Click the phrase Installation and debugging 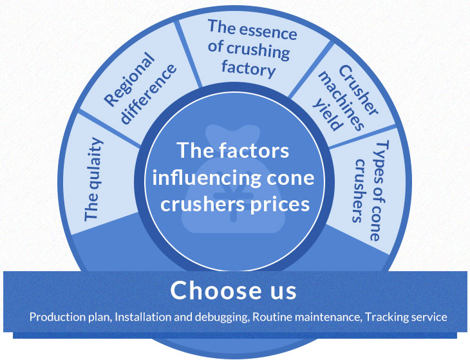pyautogui.click(x=182, y=317)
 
